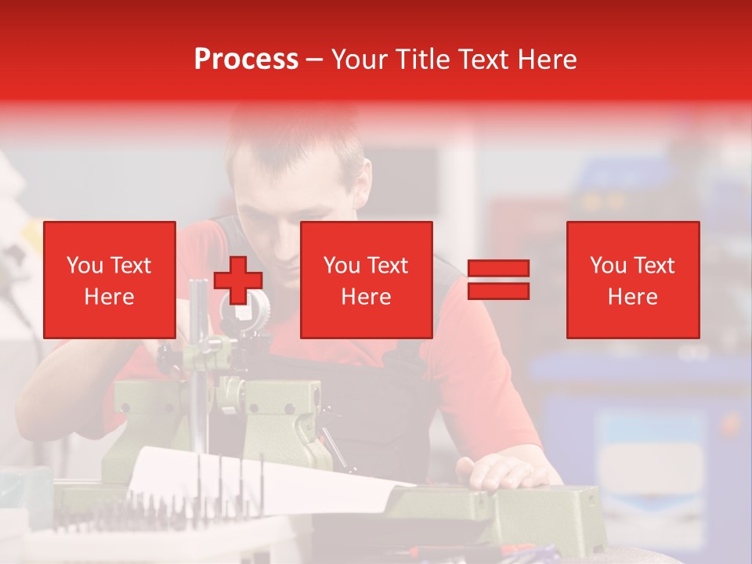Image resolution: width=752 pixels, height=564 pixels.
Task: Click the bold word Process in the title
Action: click(246, 60)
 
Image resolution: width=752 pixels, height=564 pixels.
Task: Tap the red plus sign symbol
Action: click(238, 280)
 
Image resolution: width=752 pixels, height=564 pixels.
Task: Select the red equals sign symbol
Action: click(498, 280)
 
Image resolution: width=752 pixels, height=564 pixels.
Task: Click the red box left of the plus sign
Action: click(109, 280)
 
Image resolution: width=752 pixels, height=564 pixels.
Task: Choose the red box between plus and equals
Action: click(366, 280)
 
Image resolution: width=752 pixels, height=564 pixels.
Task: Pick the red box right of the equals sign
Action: click(632, 280)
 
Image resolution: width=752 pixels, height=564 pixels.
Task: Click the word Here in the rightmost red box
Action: click(632, 297)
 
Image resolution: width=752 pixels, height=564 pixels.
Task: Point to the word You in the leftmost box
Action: click(85, 266)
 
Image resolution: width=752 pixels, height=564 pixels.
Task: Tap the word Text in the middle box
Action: click(388, 266)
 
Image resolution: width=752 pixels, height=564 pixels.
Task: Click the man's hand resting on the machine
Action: click(501, 472)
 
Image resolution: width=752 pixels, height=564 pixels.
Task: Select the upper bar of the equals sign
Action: click(498, 269)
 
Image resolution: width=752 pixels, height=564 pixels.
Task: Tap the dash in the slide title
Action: click(315, 60)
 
